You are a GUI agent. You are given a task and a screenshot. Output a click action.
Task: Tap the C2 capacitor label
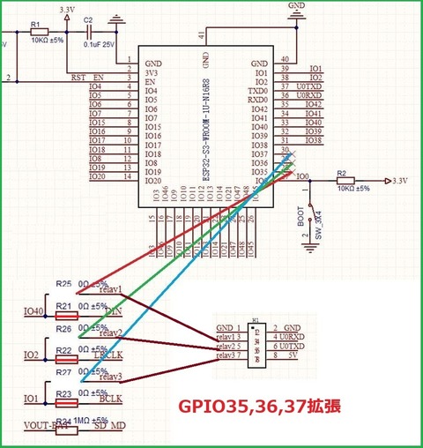(87, 19)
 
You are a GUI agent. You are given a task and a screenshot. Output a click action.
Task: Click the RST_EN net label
(87, 78)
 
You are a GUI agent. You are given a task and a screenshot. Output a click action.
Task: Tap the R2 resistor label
(343, 174)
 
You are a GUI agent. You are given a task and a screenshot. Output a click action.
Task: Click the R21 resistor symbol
(66, 315)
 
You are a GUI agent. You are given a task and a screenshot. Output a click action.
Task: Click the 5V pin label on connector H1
(292, 356)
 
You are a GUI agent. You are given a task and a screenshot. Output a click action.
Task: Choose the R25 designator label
(63, 284)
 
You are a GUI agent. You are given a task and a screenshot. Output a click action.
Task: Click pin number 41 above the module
(205, 35)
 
